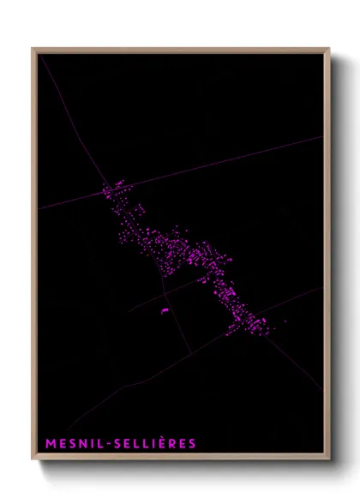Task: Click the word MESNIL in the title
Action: pos(72,444)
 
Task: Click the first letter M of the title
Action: pos(49,444)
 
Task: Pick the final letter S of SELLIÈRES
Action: pos(192,444)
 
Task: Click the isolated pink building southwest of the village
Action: pos(165,310)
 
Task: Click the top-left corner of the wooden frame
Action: pos(33,50)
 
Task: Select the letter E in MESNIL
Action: pos(61,444)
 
